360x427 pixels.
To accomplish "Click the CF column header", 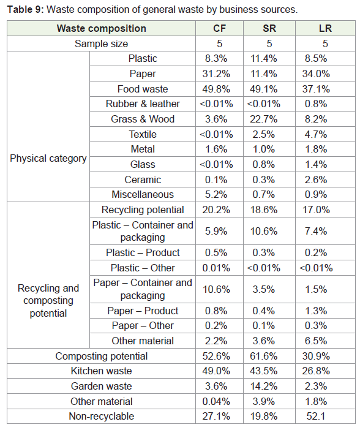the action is (219, 28).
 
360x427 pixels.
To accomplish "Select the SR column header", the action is (269, 28).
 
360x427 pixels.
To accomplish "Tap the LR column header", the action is (325, 28).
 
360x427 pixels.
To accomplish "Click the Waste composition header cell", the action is (101, 28).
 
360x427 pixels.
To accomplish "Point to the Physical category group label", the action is (48, 158).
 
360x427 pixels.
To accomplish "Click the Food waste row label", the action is (143, 89).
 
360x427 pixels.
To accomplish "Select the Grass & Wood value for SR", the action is (263, 119).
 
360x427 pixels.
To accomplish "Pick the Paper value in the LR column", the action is (316, 74).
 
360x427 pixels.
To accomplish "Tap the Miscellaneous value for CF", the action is (216, 194).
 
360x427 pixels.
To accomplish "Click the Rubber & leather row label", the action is (143, 104).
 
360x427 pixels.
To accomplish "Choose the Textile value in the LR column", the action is (316, 134).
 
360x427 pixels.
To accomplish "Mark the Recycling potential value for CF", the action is (216, 210).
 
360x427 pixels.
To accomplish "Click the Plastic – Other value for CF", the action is (216, 268).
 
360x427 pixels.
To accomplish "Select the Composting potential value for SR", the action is (263, 356).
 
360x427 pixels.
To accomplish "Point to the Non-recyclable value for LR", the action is (316, 416).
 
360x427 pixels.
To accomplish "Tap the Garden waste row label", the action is (101, 386).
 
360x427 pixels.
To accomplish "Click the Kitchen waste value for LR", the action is (316, 371).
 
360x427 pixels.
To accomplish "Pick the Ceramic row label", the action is (143, 179).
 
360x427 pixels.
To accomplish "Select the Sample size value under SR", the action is (269, 43).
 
